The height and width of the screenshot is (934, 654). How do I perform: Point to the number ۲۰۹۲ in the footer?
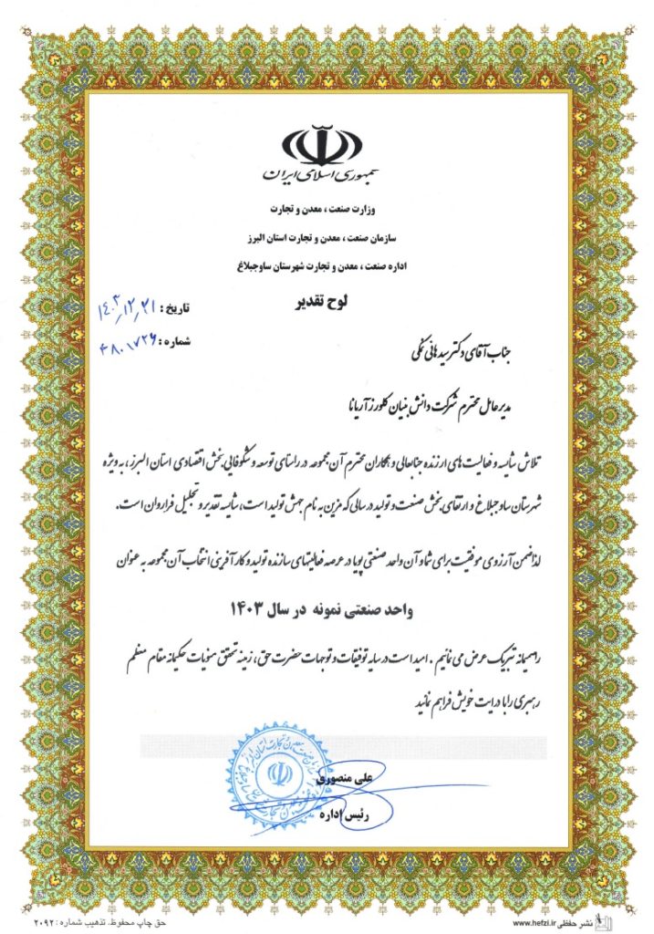pos(27,923)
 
